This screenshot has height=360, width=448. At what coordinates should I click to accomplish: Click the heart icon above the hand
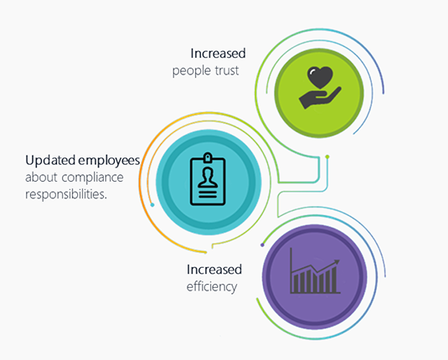tap(320, 77)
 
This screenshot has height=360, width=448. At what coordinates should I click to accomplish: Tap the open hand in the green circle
tap(320, 97)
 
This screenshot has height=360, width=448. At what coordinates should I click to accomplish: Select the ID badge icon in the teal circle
tap(208, 179)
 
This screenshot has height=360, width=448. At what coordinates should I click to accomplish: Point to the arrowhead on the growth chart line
tap(337, 262)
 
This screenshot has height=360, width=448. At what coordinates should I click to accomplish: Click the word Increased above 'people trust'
tap(218, 54)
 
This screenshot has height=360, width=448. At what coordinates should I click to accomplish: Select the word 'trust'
tap(227, 70)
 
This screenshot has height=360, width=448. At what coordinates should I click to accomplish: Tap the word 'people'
tap(192, 71)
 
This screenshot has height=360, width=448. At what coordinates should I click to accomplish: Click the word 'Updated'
tap(50, 161)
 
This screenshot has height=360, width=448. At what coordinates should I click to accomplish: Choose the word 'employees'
tap(109, 161)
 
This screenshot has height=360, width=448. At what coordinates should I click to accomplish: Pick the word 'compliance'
tap(93, 177)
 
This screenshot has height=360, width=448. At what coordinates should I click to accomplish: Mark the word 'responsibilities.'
tap(66, 194)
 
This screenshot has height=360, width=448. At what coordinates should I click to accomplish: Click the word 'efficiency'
tap(212, 287)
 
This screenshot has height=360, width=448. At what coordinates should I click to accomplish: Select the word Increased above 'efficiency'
tap(214, 270)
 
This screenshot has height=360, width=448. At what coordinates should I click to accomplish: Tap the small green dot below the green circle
tap(327, 157)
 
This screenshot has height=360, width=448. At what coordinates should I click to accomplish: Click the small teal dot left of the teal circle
tap(152, 205)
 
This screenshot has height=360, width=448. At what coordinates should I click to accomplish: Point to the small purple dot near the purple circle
tap(263, 244)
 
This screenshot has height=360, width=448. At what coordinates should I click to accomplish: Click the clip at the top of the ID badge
tap(208, 157)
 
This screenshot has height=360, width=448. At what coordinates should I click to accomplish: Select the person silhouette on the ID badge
tap(208, 177)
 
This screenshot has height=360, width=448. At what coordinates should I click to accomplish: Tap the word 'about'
tap(41, 177)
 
